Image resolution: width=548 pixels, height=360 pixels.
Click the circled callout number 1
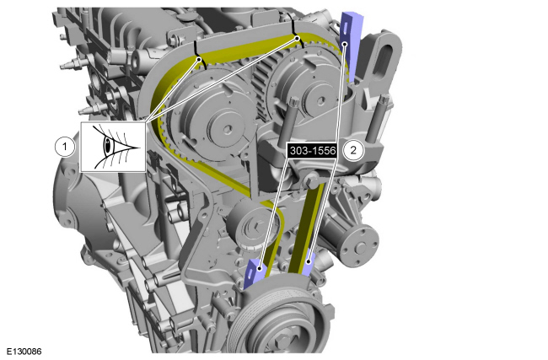64,147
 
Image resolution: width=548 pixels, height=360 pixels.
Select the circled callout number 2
353,150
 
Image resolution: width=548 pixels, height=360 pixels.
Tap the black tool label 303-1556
313,151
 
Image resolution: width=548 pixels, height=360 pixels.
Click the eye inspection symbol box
113,147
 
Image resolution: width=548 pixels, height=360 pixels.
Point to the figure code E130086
24,352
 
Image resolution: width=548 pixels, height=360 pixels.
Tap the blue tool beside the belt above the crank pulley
308,264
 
